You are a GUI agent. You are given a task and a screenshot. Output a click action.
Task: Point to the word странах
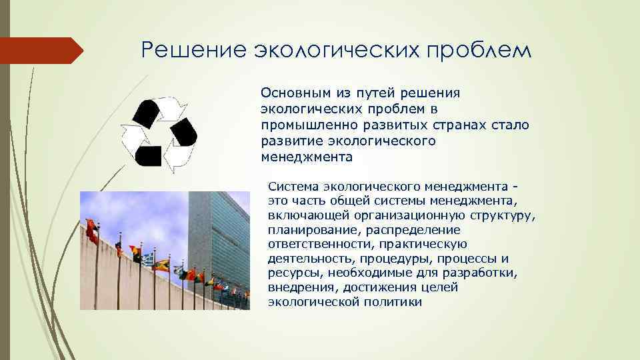(x=434, y=125)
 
